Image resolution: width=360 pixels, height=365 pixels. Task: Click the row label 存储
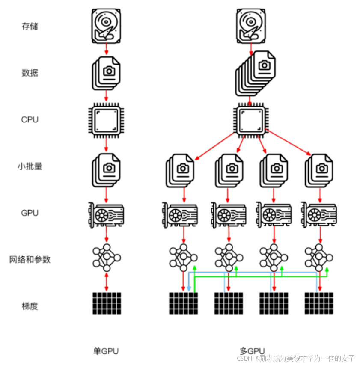(30, 26)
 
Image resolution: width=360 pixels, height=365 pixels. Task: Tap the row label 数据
(30, 73)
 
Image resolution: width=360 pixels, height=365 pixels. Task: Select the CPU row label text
(30, 119)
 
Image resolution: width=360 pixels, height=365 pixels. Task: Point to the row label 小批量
(30, 166)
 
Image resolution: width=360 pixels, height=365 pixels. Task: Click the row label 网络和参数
(30, 259)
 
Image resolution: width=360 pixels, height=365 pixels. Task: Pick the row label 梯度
(30, 306)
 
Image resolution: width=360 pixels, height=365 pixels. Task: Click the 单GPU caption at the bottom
(106, 351)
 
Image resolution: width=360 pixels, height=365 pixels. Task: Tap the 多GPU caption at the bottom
(253, 350)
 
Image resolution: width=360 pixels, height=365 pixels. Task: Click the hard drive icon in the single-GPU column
(107, 26)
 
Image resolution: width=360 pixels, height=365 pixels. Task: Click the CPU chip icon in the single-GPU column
(107, 120)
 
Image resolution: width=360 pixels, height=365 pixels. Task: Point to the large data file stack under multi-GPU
(255, 73)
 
